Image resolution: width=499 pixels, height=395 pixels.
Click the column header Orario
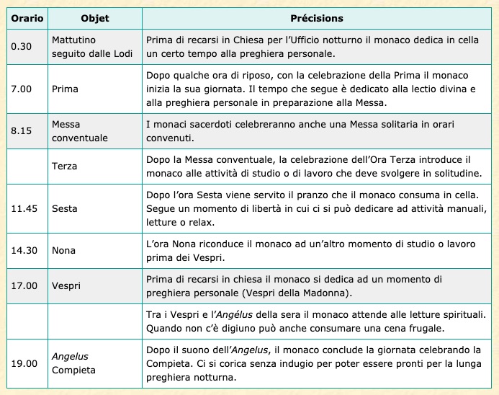click(x=25, y=18)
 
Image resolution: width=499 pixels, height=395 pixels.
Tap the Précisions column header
click(x=316, y=18)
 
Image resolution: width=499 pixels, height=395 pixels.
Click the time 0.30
click(x=21, y=47)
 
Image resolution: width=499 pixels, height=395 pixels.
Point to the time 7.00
click(x=21, y=89)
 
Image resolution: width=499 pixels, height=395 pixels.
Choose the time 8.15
click(x=21, y=130)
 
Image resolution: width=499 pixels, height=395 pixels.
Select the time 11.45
click(x=24, y=209)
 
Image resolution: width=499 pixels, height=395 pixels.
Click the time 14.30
click(x=24, y=251)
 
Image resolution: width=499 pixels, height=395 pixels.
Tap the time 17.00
click(x=24, y=285)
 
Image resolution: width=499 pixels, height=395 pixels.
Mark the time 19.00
click(x=24, y=363)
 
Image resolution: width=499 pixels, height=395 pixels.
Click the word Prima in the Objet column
click(x=66, y=89)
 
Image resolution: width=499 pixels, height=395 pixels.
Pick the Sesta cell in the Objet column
click(x=66, y=209)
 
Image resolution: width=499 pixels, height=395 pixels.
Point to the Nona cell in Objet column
click(x=64, y=251)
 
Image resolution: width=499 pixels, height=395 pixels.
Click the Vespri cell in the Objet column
click(x=66, y=285)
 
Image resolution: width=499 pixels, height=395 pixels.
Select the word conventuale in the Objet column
click(x=80, y=137)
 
